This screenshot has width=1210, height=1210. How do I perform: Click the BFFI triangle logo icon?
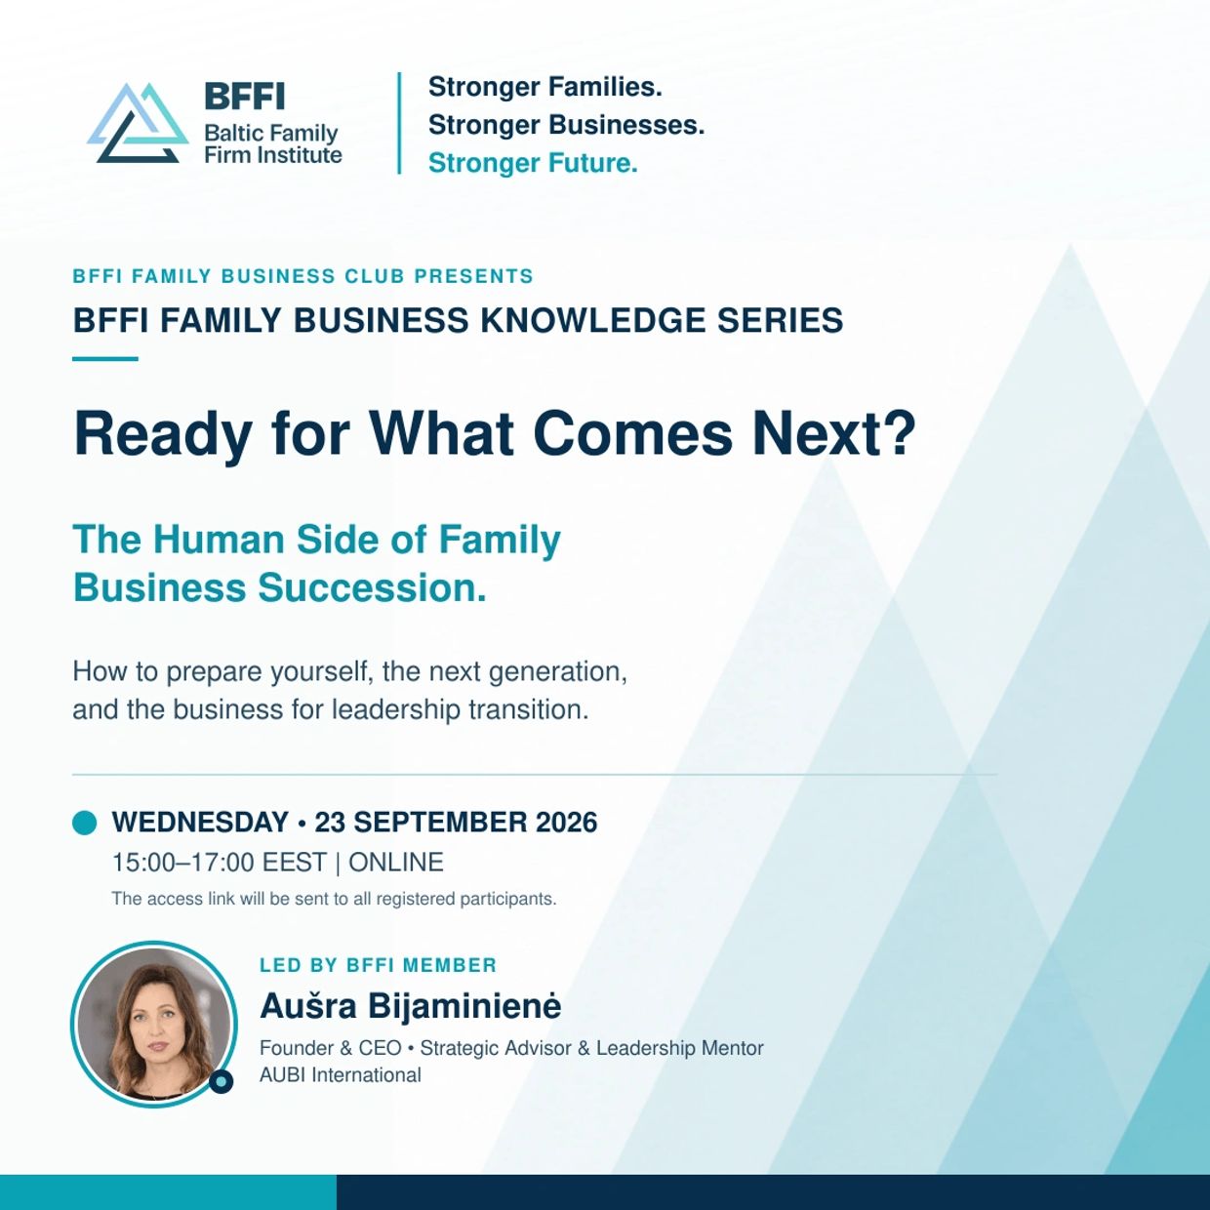point(139,123)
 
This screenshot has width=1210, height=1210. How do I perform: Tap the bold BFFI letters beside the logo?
point(245,97)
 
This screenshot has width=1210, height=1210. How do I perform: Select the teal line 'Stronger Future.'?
point(533,163)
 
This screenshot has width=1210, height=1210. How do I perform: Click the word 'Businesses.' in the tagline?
point(626,125)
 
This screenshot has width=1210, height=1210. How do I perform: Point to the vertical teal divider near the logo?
point(399,123)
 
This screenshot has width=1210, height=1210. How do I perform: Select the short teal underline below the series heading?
point(104,359)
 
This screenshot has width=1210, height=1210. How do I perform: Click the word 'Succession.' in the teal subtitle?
point(372,588)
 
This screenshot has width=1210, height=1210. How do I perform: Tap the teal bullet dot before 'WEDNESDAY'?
point(84,823)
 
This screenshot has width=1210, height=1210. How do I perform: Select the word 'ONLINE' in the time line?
point(396,863)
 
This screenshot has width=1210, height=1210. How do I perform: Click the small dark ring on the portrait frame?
point(222,1081)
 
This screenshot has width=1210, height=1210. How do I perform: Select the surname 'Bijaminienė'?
point(464,1005)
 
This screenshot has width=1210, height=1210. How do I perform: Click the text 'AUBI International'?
point(341,1075)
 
